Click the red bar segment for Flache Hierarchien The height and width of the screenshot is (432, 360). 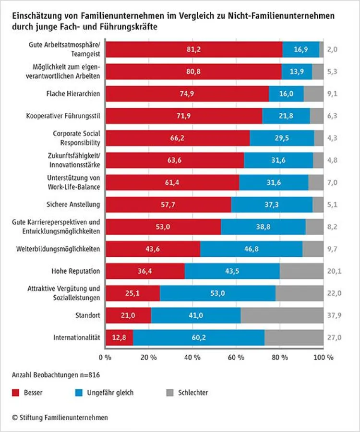tap(187, 94)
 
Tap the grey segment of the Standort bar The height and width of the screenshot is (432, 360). tap(282, 315)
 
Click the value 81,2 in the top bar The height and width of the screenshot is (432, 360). tap(194, 49)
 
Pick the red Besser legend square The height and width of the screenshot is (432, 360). tap(15, 393)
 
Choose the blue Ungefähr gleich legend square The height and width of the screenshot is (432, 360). tap(77, 393)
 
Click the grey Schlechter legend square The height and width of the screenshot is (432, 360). tap(169, 393)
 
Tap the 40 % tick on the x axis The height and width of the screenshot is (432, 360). tap(192, 358)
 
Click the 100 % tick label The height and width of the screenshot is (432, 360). tap(324, 358)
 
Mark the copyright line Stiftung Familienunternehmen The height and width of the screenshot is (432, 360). tap(60, 418)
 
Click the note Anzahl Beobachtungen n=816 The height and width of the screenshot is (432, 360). tap(56, 375)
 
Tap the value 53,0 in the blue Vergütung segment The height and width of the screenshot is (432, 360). tap(217, 293)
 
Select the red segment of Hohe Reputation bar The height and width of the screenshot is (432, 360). tap(145, 271)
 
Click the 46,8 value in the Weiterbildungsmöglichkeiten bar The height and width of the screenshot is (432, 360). tap(251, 249)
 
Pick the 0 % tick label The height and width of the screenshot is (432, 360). tap(105, 358)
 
